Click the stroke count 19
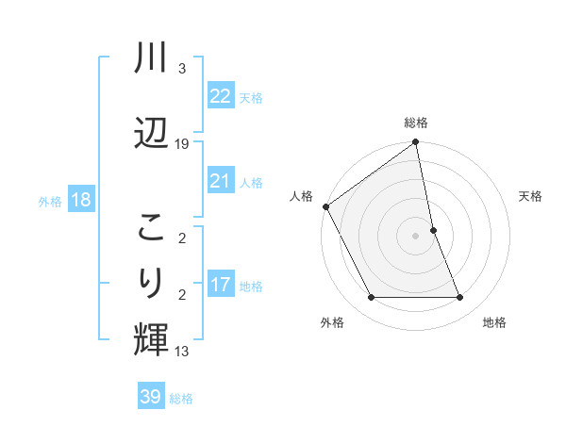(x=182, y=144)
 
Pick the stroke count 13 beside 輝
(x=182, y=352)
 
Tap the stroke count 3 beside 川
(x=182, y=69)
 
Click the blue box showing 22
(x=220, y=96)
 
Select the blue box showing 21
(x=220, y=181)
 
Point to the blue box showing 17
(x=220, y=285)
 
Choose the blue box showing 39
(x=150, y=397)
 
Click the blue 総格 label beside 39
(x=182, y=399)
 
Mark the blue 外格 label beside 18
(x=50, y=202)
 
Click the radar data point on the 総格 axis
(x=415, y=142)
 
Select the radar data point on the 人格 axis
(x=326, y=206)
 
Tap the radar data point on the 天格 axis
(x=433, y=230)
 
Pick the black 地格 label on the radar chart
(x=494, y=322)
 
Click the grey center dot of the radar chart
(x=415, y=236)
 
